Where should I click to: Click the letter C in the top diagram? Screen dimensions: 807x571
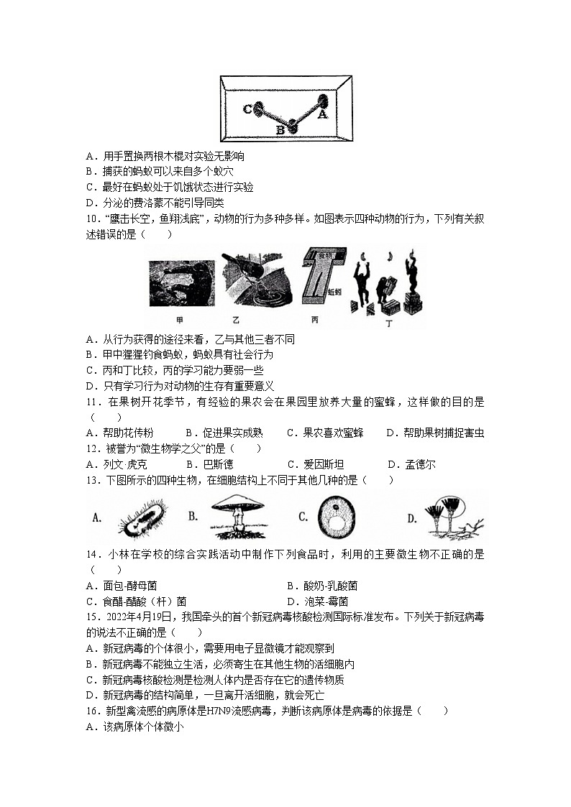click(247, 109)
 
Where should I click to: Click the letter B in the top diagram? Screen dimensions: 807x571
click(280, 130)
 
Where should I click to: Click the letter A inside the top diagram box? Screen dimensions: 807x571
click(322, 114)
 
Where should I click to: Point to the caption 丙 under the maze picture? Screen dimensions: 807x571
click(315, 321)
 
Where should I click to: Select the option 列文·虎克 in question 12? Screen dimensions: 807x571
click(120, 465)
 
